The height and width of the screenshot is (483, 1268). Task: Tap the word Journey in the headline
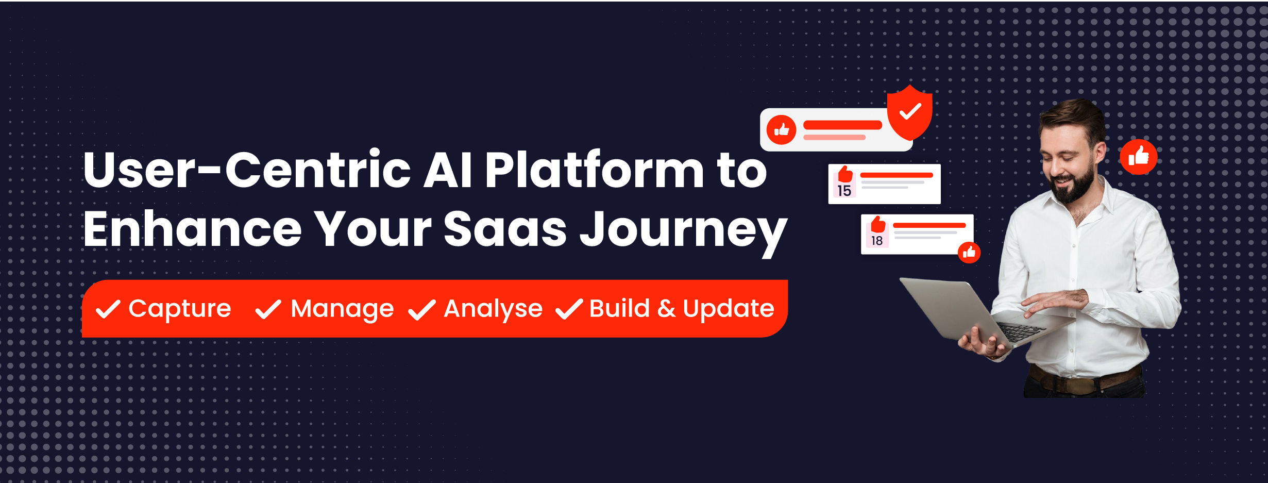[x=684, y=231]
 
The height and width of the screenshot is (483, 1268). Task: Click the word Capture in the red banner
[x=180, y=309]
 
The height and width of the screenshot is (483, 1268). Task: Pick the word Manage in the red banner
[x=342, y=309]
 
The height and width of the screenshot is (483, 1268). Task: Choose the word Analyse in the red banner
[x=493, y=309]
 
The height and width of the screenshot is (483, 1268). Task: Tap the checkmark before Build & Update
[x=569, y=309]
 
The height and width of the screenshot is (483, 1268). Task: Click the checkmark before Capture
[x=108, y=309]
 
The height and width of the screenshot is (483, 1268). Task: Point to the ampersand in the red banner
[x=666, y=308]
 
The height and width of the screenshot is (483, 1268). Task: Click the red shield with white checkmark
[x=910, y=112]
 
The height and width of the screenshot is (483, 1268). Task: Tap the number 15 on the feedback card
[x=844, y=191]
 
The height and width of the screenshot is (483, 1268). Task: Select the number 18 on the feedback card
[x=877, y=241]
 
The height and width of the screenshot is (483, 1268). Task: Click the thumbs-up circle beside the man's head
[x=1139, y=157]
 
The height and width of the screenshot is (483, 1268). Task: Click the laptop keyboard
[x=1020, y=331]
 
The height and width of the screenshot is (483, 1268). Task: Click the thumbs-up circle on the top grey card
[x=782, y=130]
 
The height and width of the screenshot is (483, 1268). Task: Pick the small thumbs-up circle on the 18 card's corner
[x=969, y=253]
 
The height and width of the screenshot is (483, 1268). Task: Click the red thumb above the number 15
[x=846, y=174]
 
